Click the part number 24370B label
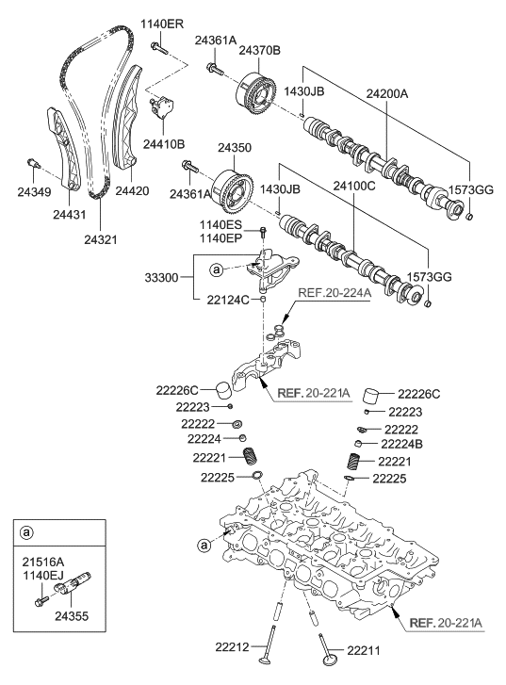pyautogui.click(x=261, y=50)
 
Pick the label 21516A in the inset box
pyautogui.click(x=44, y=561)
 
